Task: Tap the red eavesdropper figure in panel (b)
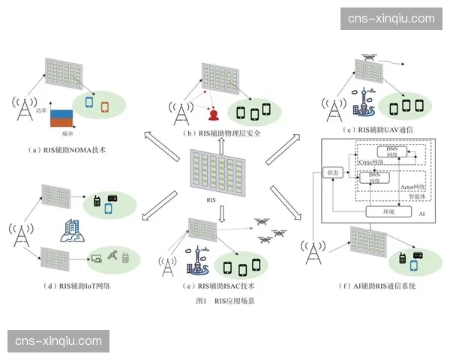(213, 115)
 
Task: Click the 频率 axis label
(68, 133)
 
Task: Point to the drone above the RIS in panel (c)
(370, 57)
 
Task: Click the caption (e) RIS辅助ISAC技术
(221, 286)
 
